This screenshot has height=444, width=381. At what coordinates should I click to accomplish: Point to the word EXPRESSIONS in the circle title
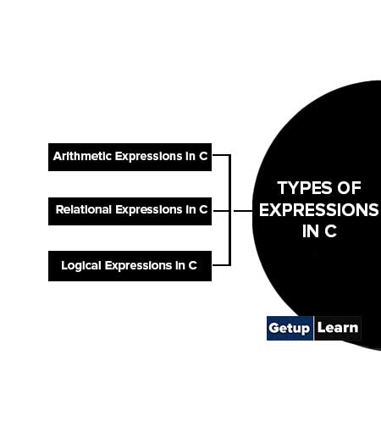click(319, 210)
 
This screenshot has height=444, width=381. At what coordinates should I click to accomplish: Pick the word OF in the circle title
click(350, 188)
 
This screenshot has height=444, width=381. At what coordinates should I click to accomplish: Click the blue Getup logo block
click(290, 328)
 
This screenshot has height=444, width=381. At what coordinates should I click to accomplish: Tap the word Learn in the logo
click(338, 328)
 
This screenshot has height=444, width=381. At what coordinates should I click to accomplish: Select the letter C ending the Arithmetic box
click(203, 156)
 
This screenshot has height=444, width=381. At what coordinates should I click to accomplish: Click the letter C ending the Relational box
click(203, 209)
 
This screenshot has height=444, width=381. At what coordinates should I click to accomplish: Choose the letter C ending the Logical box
click(192, 265)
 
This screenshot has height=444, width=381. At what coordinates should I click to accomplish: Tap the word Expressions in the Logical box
click(138, 266)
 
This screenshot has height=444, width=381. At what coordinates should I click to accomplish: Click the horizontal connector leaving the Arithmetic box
click(221, 155)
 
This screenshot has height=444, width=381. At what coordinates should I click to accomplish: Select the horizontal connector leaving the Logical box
click(221, 265)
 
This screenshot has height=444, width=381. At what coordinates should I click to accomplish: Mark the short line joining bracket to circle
click(243, 211)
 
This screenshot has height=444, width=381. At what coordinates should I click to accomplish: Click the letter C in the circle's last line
click(330, 231)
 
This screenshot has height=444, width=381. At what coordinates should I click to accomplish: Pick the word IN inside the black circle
click(311, 231)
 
